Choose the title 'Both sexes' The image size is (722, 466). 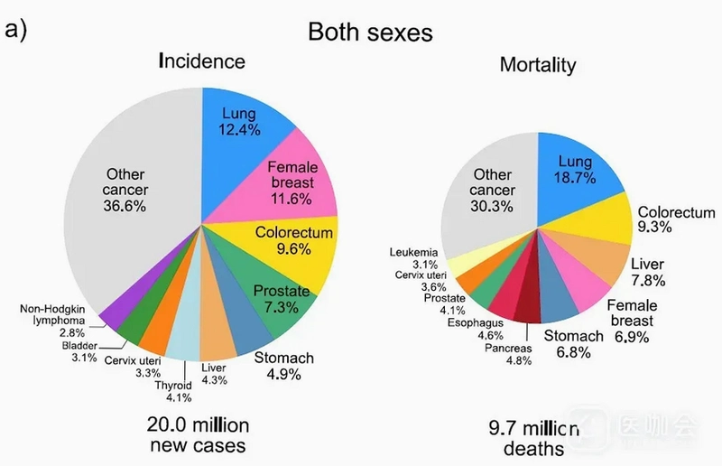(x=370, y=33)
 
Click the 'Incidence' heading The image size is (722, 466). (x=201, y=61)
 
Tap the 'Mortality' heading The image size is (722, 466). (x=538, y=65)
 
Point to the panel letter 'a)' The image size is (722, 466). (x=15, y=30)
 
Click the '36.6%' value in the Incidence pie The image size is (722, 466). (x=125, y=206)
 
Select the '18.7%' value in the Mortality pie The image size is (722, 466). (x=575, y=177)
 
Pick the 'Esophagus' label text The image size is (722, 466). (x=476, y=322)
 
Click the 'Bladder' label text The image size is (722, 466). (x=79, y=346)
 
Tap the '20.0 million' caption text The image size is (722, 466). (x=198, y=425)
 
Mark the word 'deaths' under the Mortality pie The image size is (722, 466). (x=533, y=449)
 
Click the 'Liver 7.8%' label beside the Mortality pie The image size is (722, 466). (x=648, y=272)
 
